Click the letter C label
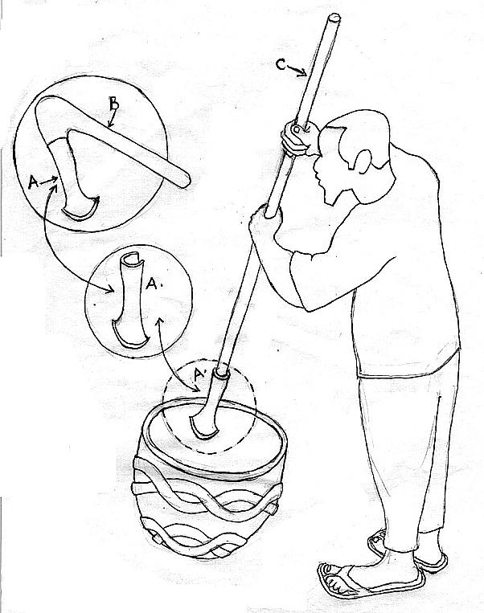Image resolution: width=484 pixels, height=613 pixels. click(281, 64)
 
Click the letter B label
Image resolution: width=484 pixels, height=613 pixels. click(113, 104)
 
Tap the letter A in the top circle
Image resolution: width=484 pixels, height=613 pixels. click(33, 182)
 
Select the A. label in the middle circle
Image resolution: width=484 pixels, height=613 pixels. click(153, 284)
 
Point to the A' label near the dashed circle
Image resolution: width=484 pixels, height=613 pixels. click(199, 375)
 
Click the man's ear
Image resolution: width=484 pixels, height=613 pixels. click(363, 161)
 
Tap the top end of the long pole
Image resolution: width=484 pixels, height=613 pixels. click(334, 17)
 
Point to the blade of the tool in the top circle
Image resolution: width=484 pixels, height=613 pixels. click(81, 209)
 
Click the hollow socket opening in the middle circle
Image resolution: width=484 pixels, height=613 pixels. click(132, 259)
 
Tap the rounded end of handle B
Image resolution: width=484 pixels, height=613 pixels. click(185, 180)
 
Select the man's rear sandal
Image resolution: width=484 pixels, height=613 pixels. click(407, 551)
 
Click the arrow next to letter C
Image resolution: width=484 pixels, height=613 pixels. click(297, 71)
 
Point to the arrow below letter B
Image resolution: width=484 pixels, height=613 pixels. click(111, 119)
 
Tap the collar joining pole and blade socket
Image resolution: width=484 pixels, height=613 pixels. click(221, 374)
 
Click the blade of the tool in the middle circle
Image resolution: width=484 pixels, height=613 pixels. click(130, 337)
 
